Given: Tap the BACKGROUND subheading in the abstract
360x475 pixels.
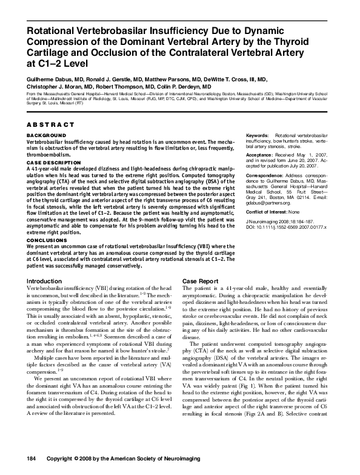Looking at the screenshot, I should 45,135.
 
